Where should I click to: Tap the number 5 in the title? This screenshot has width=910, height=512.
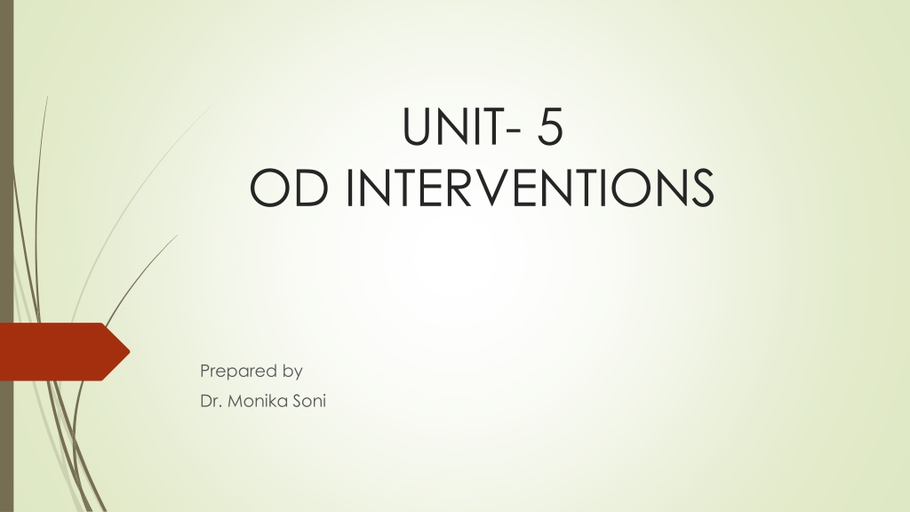pos(549,126)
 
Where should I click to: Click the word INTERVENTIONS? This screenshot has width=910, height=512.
pos(530,188)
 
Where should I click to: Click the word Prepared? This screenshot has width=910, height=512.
pos(238,371)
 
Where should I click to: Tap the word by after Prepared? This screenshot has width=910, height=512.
pos(293,372)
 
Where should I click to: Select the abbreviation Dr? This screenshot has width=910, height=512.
pos(210,401)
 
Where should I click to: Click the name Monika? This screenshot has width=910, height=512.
pos(257,401)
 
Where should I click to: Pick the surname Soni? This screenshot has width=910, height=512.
pos(309,401)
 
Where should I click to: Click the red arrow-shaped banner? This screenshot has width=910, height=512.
pos(64,352)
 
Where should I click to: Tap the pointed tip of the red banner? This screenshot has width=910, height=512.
pos(130,351)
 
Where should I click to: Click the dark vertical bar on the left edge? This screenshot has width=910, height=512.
pos(6,256)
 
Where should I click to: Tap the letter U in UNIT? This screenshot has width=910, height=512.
pos(417,126)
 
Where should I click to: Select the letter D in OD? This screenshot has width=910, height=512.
pos(308,188)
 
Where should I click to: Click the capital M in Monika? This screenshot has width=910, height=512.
pos(235,401)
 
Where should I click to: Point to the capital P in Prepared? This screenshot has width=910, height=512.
pos(204,370)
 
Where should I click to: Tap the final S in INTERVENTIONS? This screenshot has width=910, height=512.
pos(700,188)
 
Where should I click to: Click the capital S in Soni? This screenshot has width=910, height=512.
pos(297,401)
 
